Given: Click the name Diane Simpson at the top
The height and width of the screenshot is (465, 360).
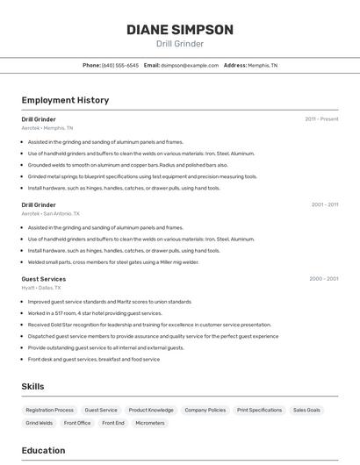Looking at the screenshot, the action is [x=180, y=30].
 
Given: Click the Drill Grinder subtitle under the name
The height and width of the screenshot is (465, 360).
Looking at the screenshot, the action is [x=180, y=44].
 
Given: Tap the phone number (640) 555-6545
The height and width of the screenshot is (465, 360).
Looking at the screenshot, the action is [x=119, y=65].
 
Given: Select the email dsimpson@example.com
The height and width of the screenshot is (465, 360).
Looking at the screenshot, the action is [x=189, y=65].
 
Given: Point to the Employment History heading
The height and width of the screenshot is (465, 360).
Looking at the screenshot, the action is [x=65, y=100].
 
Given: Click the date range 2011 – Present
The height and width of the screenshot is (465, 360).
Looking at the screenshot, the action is [x=321, y=118].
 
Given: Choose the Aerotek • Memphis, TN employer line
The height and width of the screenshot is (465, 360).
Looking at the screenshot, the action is [x=47, y=128].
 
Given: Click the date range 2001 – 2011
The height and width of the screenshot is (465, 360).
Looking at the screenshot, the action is [x=324, y=204].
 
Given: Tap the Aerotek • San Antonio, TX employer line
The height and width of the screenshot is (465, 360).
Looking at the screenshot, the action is [x=50, y=213].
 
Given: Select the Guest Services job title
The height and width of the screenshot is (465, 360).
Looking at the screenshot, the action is [x=43, y=279].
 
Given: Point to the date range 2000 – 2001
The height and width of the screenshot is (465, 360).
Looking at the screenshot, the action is [x=323, y=279].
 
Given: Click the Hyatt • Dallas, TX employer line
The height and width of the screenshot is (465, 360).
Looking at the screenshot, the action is [x=41, y=288].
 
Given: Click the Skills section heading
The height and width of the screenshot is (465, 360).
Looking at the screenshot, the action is [x=32, y=386].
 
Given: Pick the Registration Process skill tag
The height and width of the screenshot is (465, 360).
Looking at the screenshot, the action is [x=50, y=410].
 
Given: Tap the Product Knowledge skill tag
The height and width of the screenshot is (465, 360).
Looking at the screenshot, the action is [x=151, y=410].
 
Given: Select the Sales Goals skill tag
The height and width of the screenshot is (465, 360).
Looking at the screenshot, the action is [x=306, y=410].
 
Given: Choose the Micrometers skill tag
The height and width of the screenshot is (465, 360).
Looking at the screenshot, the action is [x=150, y=423].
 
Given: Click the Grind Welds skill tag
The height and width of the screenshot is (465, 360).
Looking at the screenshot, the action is [x=39, y=423].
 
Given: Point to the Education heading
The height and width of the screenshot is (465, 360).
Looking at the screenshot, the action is [x=43, y=450].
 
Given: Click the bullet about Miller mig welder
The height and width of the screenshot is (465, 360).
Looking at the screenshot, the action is [x=113, y=261].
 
